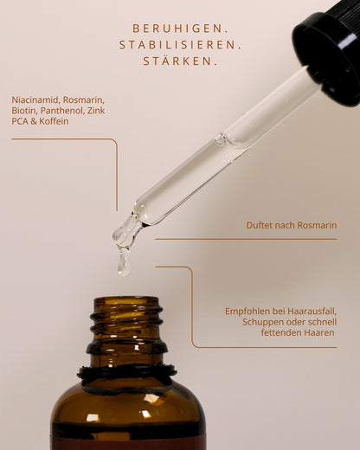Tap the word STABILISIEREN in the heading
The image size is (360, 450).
180,44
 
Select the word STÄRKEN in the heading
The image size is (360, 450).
180,61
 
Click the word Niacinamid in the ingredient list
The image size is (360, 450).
35,100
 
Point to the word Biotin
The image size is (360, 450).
24,111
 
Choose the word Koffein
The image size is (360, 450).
53,122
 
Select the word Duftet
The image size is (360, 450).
261,225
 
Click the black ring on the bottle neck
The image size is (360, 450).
126,374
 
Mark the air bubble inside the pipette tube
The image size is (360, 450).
222,138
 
